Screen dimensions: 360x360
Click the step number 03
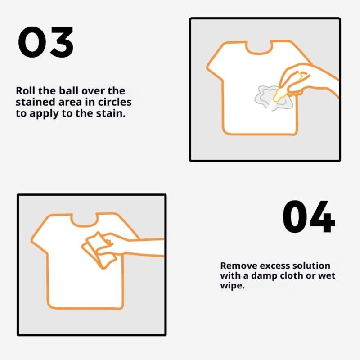(x=46, y=42)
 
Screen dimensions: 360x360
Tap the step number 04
(x=309, y=216)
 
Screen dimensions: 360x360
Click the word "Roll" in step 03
(x=25, y=91)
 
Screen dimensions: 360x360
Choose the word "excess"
(x=271, y=265)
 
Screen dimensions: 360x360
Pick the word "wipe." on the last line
(x=232, y=286)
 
